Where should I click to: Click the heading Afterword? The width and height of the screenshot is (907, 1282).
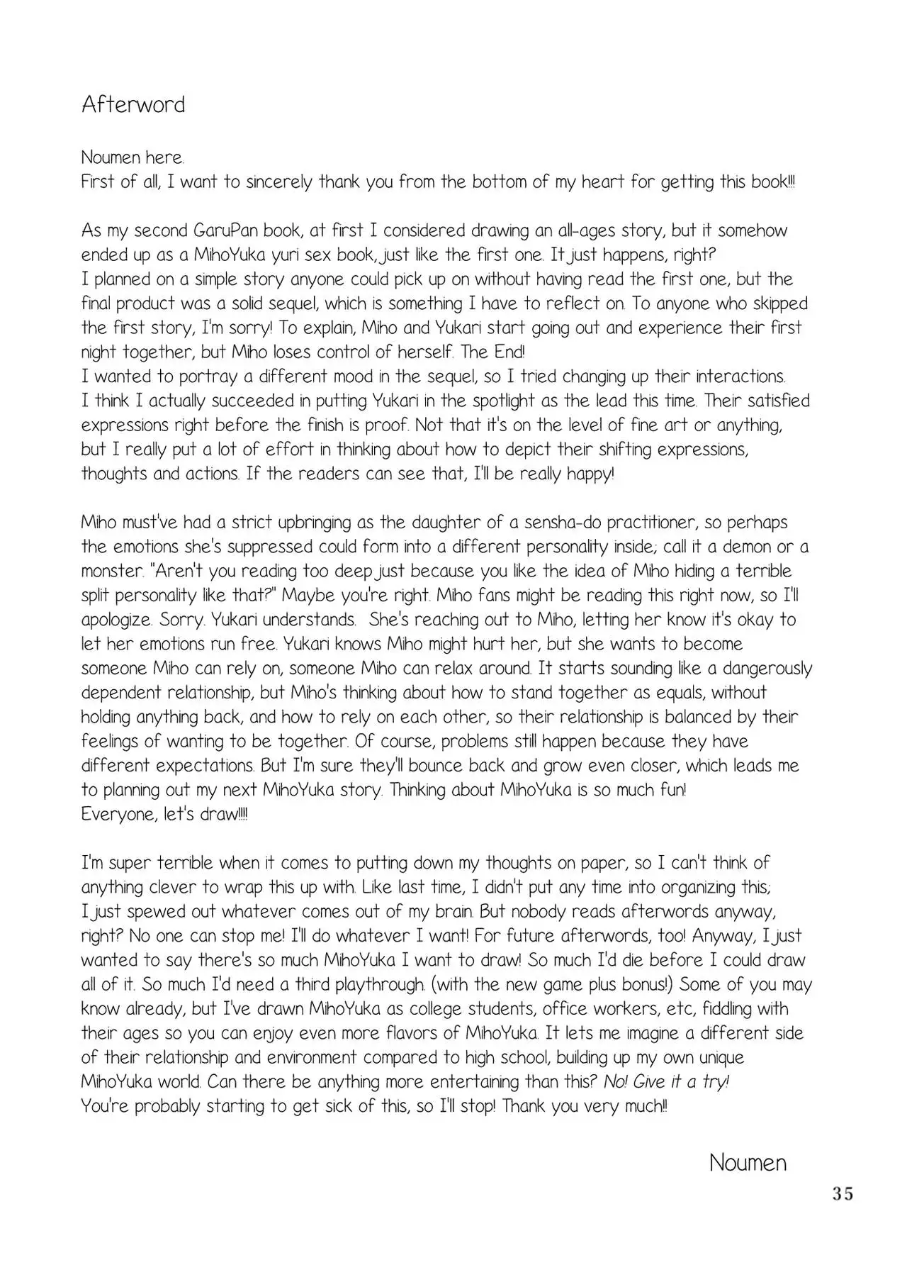click(x=133, y=105)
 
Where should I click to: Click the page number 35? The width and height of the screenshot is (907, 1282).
click(x=843, y=1194)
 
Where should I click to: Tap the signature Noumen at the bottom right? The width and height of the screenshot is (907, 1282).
click(x=748, y=1163)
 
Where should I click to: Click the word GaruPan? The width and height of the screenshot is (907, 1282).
click(x=225, y=231)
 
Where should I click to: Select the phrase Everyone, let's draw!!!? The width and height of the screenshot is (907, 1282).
click(x=164, y=814)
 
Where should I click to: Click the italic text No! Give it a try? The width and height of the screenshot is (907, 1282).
click(x=666, y=1082)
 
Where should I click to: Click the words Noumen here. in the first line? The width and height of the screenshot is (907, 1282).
click(x=133, y=157)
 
